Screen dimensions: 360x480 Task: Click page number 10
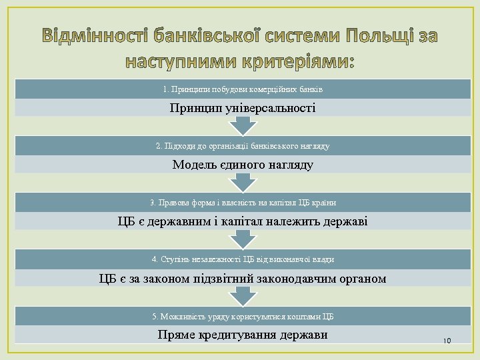pos(447,341)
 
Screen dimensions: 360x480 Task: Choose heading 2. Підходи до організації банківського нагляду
pos(243,145)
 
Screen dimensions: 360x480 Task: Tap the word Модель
pos(195,164)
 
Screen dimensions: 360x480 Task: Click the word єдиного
pos(243,164)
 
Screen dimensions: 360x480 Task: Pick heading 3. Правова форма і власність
pos(243,202)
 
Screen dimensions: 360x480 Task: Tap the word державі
pos(344,221)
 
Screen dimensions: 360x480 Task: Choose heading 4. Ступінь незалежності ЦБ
pos(243,259)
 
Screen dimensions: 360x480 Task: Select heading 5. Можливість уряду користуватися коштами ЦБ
pos(243,316)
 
